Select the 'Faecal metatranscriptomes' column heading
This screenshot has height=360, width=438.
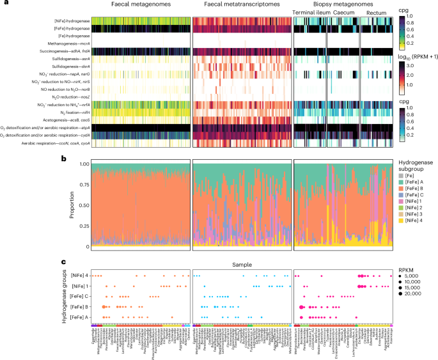click(241, 5)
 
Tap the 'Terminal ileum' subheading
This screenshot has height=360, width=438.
click(309, 13)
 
